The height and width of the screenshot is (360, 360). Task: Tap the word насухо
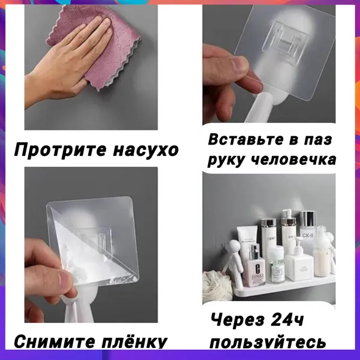(x=146, y=150)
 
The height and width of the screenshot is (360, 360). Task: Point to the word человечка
(x=293, y=160)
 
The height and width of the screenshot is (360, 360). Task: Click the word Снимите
(x=55, y=341)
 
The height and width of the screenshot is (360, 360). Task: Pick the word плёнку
(x=134, y=342)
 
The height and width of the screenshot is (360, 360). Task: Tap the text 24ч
(x=287, y=320)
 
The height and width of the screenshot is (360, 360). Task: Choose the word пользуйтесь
(x=268, y=342)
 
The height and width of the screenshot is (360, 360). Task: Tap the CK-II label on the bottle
(x=308, y=235)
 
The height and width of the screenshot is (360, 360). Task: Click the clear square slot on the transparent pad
(x=289, y=42)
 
